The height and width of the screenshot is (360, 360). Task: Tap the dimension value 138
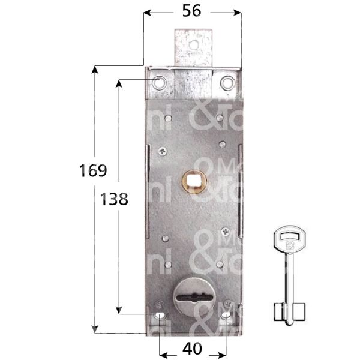click(114, 200)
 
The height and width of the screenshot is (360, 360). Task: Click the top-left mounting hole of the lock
click(159, 82)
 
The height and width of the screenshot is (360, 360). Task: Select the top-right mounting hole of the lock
click(226, 82)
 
